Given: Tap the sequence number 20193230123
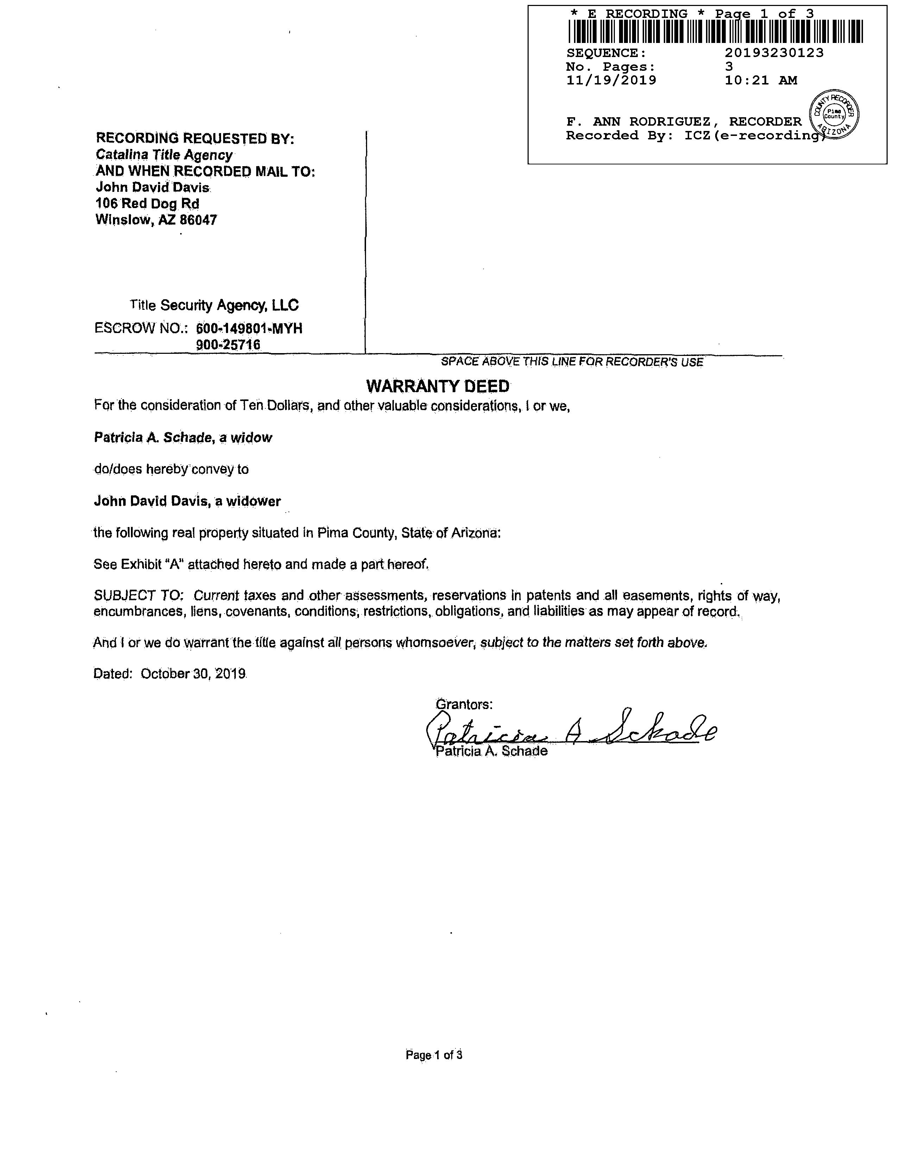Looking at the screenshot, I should (774, 53).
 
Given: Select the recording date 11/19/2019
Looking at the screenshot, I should (611, 81).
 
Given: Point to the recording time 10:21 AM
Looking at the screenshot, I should (761, 81).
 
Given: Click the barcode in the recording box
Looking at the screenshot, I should (715, 31).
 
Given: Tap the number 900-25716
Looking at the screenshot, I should (228, 345).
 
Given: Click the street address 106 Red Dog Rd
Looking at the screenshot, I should (147, 203).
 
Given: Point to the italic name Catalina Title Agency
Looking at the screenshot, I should (164, 155).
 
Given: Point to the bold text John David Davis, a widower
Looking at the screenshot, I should (187, 501).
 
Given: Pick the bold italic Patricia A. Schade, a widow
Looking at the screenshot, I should (183, 438).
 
